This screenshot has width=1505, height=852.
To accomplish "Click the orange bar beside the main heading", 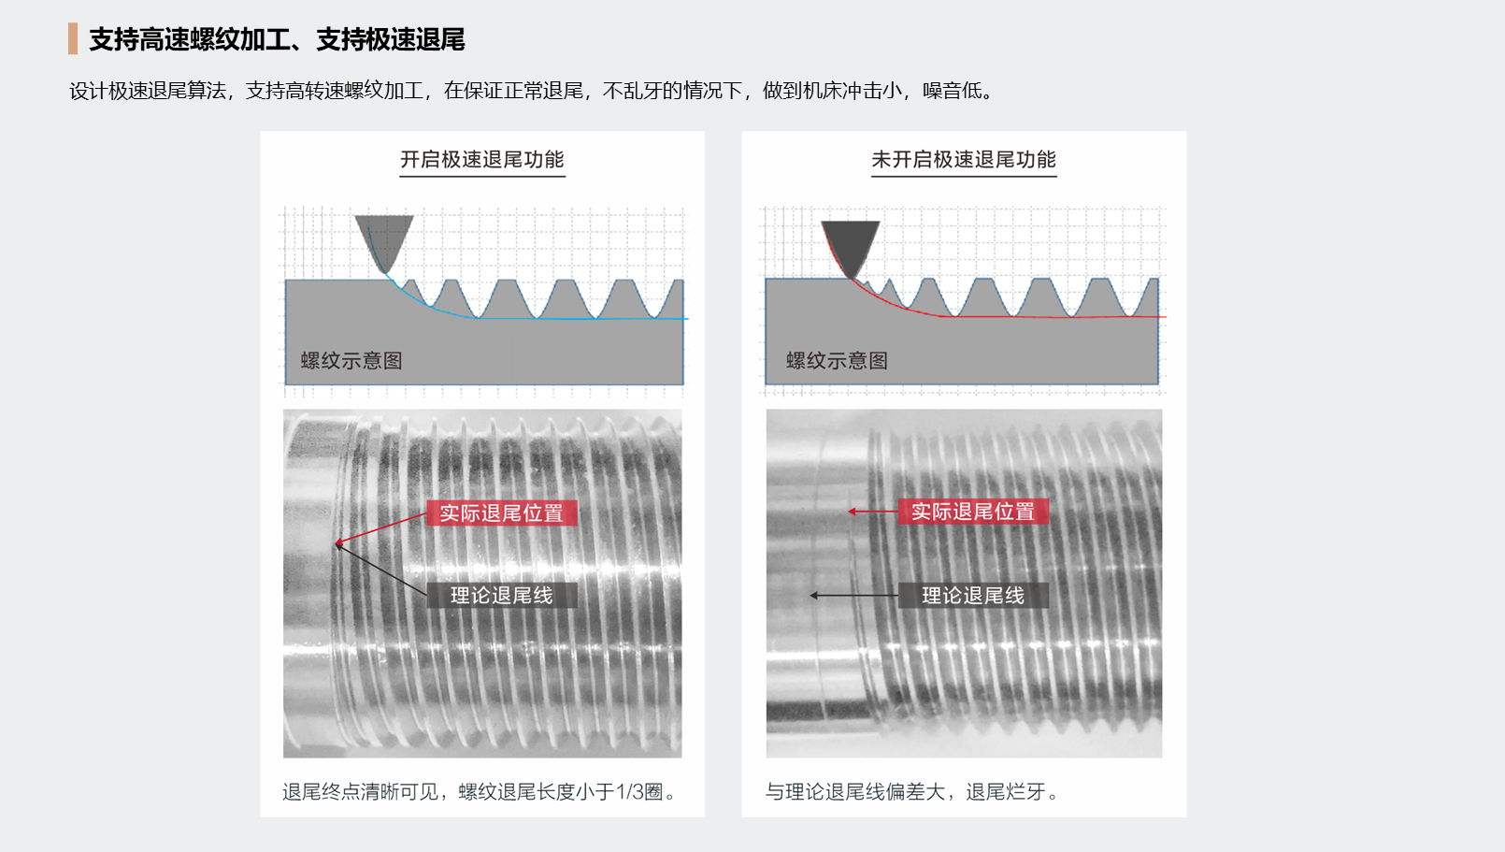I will [x=73, y=39].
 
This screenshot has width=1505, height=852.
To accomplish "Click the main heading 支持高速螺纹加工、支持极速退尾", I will [x=277, y=39].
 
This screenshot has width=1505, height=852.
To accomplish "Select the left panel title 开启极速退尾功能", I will [x=481, y=160].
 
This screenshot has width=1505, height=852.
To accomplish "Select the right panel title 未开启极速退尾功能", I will [x=963, y=160].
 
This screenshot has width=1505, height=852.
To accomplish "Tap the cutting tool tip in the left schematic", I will [x=384, y=270].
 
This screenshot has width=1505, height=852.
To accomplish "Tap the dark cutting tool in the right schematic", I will [x=851, y=245].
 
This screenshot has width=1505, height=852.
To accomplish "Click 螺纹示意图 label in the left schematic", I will [x=351, y=361].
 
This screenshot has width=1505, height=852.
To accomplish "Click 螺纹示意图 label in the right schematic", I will [x=837, y=361].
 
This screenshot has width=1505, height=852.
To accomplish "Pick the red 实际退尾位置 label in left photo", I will [x=501, y=513].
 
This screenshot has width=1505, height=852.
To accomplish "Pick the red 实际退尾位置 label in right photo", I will [x=972, y=512].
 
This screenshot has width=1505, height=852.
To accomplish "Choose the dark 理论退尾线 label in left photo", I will [x=501, y=596].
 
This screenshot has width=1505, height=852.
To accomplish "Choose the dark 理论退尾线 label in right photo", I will [x=972, y=596].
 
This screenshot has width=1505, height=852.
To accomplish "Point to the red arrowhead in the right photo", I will [x=852, y=512].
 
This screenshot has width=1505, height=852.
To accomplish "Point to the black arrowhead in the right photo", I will [x=814, y=595].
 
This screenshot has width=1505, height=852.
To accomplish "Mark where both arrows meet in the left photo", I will [x=337, y=543].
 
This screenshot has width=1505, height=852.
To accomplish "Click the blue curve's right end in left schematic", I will [x=687, y=319].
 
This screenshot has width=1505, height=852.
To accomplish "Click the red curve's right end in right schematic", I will [x=1165, y=317].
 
